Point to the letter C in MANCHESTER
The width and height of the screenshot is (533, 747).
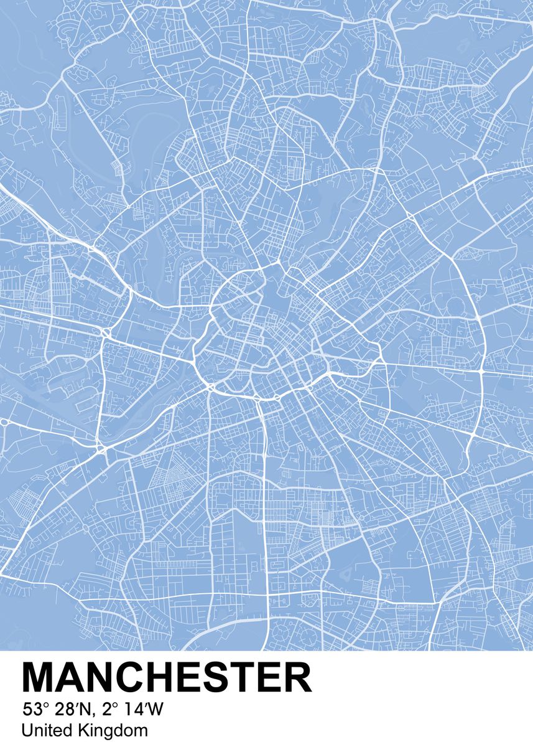[134, 678]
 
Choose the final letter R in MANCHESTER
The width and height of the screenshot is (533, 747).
[297, 678]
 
